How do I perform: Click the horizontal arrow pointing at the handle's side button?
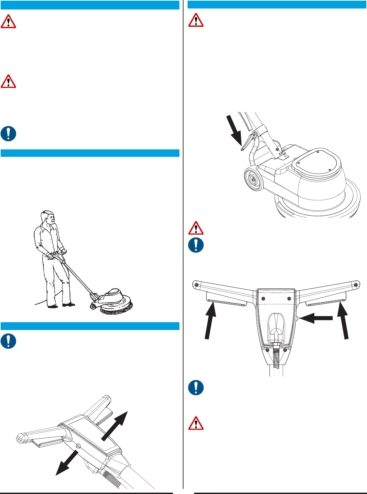(316, 318)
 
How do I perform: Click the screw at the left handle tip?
(196, 284)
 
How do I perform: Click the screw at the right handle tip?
(356, 284)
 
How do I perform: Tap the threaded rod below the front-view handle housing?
(276, 360)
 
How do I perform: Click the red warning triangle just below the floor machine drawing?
(196, 228)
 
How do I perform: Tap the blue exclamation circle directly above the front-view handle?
(196, 245)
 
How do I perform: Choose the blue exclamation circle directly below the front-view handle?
(196, 388)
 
